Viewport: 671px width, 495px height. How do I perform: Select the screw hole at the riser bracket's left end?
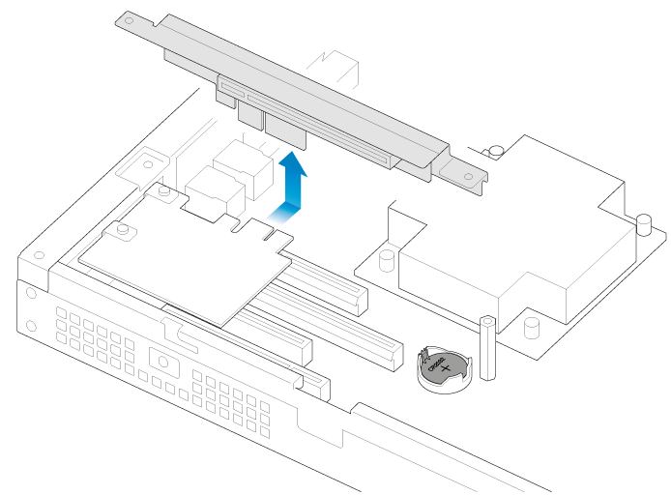128,19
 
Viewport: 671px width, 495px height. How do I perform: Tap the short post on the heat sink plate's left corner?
386,260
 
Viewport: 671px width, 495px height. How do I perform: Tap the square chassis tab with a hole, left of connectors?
149,160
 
